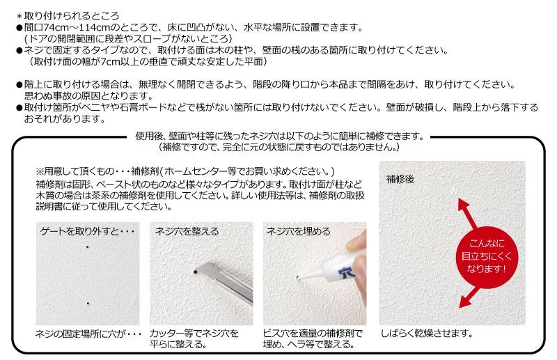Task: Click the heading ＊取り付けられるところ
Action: (x=68, y=16)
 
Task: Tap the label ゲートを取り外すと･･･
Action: (x=88, y=231)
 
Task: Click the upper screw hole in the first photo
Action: (x=88, y=246)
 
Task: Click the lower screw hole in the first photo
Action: (x=88, y=304)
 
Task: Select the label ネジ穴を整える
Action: (x=187, y=231)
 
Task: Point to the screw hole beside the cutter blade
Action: (x=195, y=272)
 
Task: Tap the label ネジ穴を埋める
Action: (x=298, y=231)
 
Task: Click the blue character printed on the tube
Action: (x=345, y=272)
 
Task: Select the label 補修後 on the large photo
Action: (x=400, y=179)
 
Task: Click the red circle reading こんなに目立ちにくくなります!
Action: (x=487, y=257)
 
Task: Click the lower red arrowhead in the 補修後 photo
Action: (x=465, y=302)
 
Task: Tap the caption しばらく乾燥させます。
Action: (x=427, y=334)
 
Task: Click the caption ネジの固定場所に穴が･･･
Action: (x=88, y=334)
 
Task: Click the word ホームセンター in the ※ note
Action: (x=201, y=171)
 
